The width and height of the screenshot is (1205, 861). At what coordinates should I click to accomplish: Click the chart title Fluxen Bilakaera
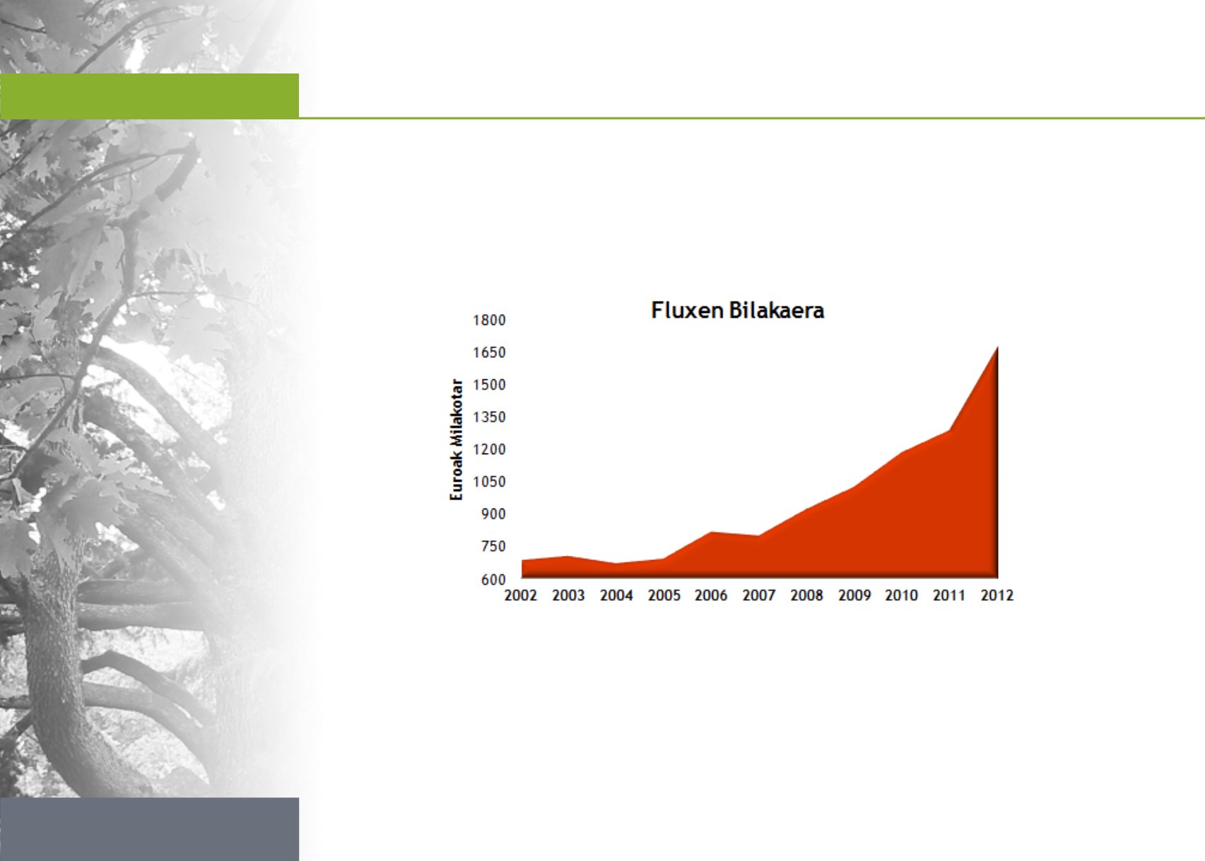[738, 311]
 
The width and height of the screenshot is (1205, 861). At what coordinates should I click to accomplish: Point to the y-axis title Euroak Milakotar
[456, 439]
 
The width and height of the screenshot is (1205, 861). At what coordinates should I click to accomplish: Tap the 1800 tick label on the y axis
[489, 321]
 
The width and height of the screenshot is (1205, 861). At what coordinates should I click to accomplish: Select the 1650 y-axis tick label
[489, 352]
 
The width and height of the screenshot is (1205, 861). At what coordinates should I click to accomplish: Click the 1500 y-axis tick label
[489, 385]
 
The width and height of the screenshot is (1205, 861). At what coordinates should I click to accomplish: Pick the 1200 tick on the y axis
[489, 449]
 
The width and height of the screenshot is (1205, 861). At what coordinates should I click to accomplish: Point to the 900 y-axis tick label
[493, 514]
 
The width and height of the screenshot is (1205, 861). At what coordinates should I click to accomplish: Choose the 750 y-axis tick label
[493, 547]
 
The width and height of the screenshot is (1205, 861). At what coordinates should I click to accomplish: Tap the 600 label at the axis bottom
[493, 579]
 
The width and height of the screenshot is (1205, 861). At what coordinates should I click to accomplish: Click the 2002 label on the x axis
[521, 595]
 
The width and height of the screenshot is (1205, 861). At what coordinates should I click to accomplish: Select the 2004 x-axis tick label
[616, 595]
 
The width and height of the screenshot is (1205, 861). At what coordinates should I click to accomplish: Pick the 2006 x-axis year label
[711, 595]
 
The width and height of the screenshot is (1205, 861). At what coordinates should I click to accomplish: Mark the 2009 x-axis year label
[854, 595]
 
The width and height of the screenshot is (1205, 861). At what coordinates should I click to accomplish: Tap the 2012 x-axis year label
[997, 595]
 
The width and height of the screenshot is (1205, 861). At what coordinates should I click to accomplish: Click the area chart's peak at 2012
[997, 348]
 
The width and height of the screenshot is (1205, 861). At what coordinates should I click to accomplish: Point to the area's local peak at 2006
[711, 532]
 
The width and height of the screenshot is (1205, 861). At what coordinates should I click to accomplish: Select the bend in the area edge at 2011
[949, 431]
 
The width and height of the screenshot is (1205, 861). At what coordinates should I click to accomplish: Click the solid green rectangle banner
[150, 96]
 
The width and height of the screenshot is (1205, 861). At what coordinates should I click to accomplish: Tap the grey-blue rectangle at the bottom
[150, 829]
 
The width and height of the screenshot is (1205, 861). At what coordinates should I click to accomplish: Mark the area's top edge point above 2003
[569, 557]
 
